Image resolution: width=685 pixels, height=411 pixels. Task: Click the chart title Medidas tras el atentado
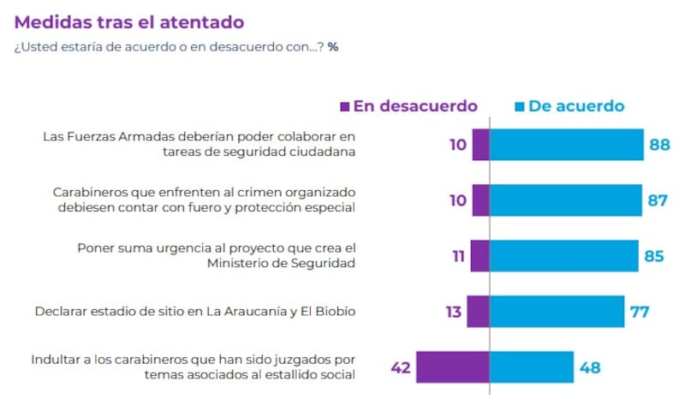(x=128, y=21)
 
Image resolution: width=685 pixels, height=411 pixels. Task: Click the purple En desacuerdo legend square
(x=345, y=107)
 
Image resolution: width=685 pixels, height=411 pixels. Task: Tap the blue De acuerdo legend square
(x=519, y=107)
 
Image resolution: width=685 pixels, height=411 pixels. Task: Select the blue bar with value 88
(x=566, y=145)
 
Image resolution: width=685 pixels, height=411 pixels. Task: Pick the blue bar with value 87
(x=565, y=200)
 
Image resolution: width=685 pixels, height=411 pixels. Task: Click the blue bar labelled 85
(x=563, y=256)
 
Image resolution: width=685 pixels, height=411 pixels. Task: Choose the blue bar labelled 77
(x=557, y=312)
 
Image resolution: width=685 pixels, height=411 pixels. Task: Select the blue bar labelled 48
(x=531, y=367)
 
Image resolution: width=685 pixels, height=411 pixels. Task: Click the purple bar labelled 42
(x=452, y=367)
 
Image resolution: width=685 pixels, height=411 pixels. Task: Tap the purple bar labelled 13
(x=478, y=312)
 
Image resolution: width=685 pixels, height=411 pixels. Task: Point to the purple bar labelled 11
(x=479, y=256)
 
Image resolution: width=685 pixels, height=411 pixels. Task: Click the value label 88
(x=659, y=145)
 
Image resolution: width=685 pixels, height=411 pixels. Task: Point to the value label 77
(x=639, y=312)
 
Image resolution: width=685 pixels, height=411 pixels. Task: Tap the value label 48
(x=589, y=368)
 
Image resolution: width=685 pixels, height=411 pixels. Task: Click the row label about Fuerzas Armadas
(x=199, y=144)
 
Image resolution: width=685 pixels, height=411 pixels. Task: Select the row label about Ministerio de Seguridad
(x=216, y=255)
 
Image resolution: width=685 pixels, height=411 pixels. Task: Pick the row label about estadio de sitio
(x=195, y=312)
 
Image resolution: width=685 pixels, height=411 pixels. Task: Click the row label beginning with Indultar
(x=193, y=367)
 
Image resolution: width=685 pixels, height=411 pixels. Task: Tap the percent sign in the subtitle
(x=332, y=46)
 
